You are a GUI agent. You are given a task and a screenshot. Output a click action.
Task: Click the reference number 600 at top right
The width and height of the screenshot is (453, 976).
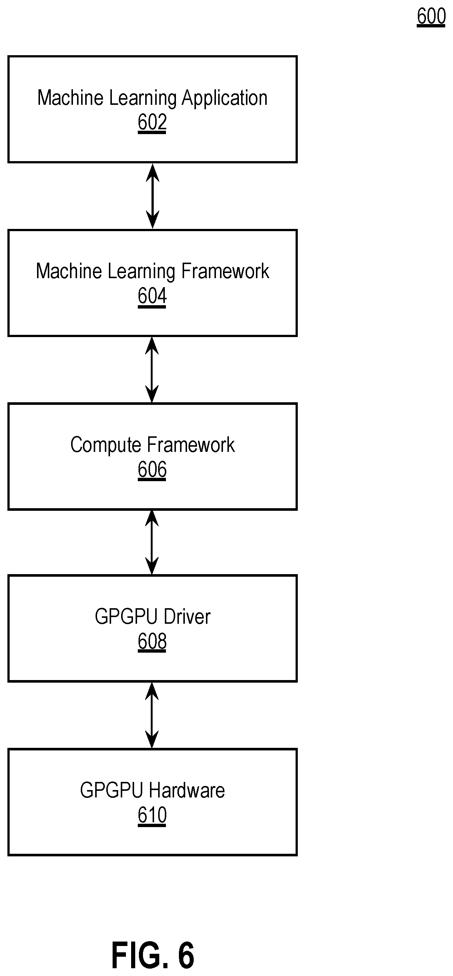(x=431, y=17)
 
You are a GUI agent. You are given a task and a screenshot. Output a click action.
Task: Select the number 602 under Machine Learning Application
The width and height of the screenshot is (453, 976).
(x=152, y=122)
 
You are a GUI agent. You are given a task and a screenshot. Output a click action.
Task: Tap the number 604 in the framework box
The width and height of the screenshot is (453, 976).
(x=152, y=296)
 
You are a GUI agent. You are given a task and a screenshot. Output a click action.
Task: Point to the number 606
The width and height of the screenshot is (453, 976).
(x=152, y=469)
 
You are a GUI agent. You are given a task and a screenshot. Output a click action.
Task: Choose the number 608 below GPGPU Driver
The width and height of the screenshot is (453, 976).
(x=152, y=642)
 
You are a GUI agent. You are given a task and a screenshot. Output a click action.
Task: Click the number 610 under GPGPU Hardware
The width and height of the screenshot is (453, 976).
(x=152, y=815)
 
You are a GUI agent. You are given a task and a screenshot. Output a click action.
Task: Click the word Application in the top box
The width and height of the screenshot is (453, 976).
(x=224, y=99)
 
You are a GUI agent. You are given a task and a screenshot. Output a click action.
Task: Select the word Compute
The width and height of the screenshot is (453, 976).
(x=106, y=446)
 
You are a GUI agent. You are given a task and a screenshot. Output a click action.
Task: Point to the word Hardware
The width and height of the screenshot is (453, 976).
(x=187, y=790)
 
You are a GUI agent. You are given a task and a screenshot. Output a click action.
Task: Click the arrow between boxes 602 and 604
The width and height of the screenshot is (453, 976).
(x=152, y=196)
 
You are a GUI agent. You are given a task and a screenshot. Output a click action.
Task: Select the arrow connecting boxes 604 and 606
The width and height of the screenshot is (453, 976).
(x=152, y=369)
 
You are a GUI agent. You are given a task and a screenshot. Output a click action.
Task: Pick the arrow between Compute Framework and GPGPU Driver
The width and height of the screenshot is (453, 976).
(x=152, y=543)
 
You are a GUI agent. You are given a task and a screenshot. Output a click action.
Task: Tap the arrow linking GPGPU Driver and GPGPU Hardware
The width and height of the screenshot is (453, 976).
(x=152, y=715)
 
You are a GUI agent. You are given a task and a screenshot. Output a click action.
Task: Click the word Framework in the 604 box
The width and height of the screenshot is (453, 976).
(x=225, y=271)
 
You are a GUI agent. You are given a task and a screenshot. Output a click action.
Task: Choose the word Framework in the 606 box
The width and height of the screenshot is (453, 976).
(x=191, y=445)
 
